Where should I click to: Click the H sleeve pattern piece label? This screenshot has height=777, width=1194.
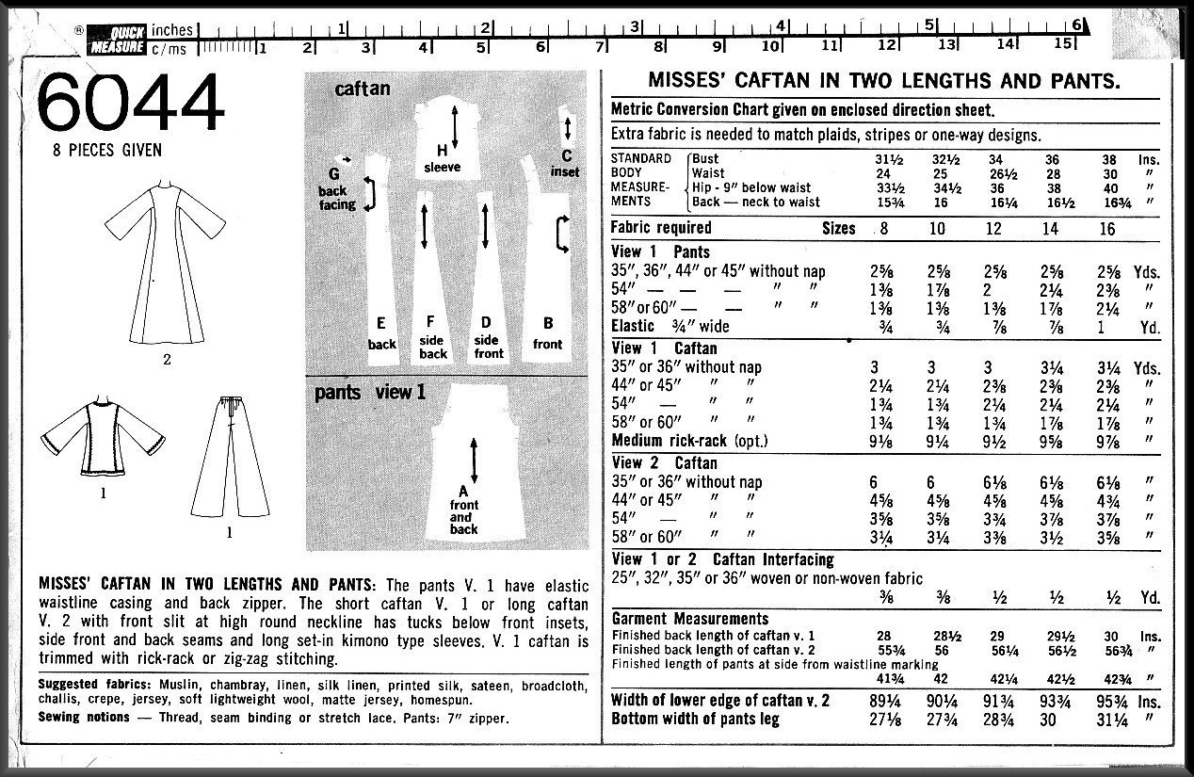tap(441, 158)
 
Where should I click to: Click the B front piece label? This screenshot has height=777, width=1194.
tap(547, 335)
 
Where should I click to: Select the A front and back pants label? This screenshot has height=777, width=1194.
tap(462, 509)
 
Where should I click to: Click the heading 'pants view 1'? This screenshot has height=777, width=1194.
tap(370, 392)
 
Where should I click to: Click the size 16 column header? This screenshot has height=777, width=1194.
tap(1106, 229)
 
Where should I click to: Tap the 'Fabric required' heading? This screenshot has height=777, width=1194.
tap(661, 228)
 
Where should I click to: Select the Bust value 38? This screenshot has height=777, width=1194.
tap(1110, 159)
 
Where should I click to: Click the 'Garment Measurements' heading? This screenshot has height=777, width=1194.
tap(690, 619)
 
